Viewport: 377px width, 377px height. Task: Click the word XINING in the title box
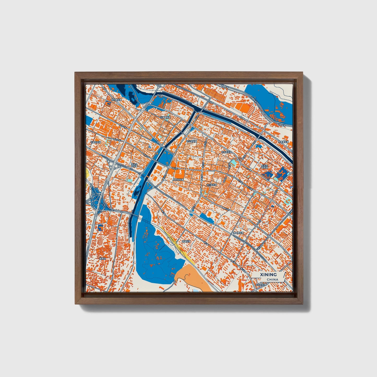[x=268, y=275]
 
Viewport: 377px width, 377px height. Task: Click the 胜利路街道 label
[x=116, y=100]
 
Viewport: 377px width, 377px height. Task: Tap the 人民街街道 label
[x=178, y=179]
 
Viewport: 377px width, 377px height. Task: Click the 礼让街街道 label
[x=192, y=141]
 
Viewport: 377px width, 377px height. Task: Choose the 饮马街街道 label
[x=226, y=152]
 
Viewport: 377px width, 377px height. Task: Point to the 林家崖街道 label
[x=283, y=142]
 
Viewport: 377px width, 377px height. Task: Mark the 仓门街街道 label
[x=211, y=185]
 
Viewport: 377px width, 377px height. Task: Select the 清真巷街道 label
[x=238, y=233]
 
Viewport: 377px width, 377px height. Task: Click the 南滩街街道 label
[x=186, y=241]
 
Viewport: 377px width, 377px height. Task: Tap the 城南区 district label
[x=103, y=259]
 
